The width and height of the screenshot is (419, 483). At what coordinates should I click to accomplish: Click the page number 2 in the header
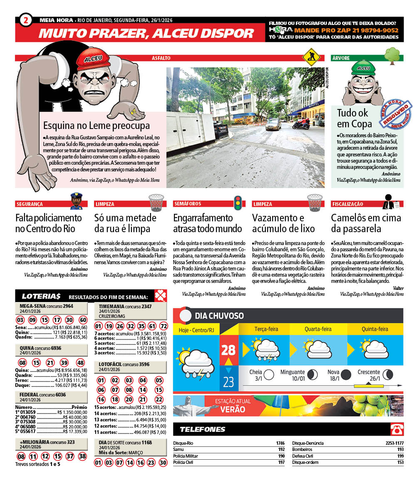click(x=26, y=20)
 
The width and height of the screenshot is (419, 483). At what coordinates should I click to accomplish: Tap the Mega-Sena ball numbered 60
click(x=83, y=320)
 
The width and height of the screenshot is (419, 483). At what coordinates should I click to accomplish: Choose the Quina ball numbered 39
click(x=64, y=362)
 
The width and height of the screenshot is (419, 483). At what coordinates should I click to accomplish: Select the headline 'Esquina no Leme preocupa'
click(x=97, y=125)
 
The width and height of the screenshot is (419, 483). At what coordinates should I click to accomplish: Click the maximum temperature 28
click(x=228, y=349)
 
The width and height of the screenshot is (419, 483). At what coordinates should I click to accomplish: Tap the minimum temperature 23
click(x=228, y=381)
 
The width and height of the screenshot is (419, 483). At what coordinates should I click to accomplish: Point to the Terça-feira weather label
click(x=266, y=329)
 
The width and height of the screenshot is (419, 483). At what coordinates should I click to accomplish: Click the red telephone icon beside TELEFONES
click(x=397, y=429)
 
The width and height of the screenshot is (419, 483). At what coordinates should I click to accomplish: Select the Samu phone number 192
click(x=281, y=449)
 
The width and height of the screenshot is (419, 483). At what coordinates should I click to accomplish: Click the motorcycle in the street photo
click(x=301, y=124)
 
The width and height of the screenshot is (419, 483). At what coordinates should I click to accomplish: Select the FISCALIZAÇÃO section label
click(x=347, y=204)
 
